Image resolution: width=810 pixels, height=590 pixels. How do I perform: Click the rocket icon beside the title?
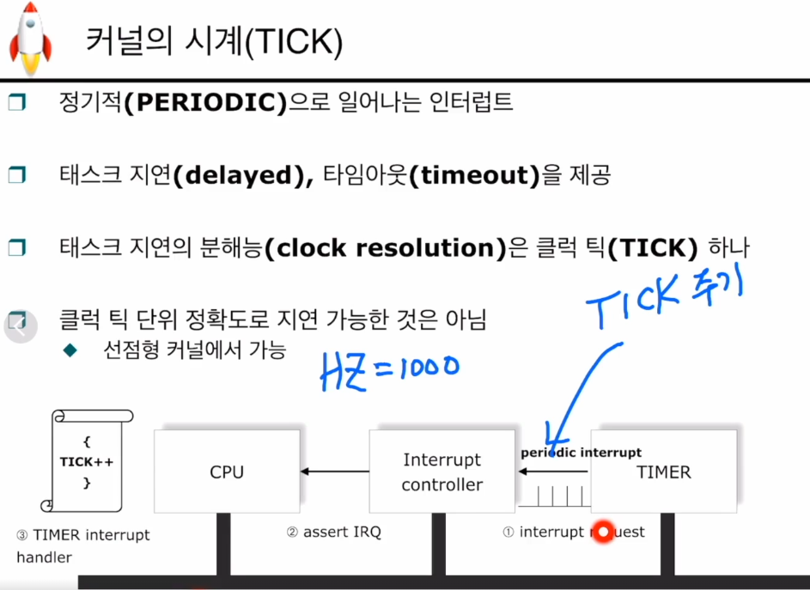coord(30,39)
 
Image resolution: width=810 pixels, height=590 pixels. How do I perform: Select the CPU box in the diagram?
coord(227,471)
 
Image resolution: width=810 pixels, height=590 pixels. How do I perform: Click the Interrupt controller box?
coord(442,471)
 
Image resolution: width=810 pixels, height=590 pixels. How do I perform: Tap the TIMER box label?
coord(663,471)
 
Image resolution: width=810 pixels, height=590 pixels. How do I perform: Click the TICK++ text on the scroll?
coord(86,462)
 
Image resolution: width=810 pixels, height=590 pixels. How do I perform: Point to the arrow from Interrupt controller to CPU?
coord(334,471)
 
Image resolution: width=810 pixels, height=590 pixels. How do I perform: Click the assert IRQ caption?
coord(333,532)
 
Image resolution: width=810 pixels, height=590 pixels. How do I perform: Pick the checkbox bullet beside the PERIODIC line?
coord(17,103)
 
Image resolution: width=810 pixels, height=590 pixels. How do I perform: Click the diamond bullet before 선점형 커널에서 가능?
coord(70,350)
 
